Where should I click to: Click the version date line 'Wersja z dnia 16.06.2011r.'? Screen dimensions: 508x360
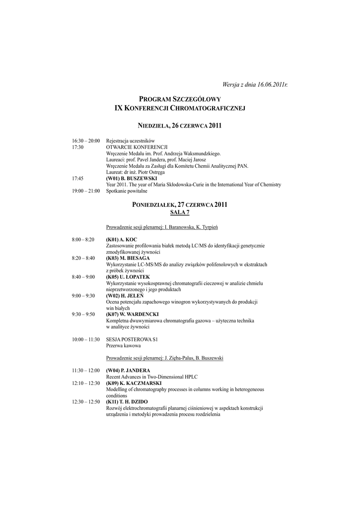coord(254,85)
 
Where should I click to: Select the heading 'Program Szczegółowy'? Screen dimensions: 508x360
coord(180,99)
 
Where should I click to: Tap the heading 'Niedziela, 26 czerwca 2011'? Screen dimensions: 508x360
coord(180,126)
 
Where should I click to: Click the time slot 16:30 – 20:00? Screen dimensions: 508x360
coord(86,141)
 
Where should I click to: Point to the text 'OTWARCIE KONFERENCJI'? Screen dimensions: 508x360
coord(137,147)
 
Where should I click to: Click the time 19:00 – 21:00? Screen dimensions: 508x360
coord(86,190)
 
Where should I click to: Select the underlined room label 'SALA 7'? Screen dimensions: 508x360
coord(180,212)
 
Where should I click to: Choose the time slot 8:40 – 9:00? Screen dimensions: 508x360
coord(83,277)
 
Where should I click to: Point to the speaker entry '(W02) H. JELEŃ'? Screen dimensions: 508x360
coord(126,296)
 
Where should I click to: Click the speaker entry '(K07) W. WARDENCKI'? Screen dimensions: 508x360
coord(132,314)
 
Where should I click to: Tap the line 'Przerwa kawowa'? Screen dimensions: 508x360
coord(123,345)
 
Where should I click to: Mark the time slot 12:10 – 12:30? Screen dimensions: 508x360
coord(86,383)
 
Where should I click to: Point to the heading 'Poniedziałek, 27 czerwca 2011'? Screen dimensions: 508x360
coord(180,204)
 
